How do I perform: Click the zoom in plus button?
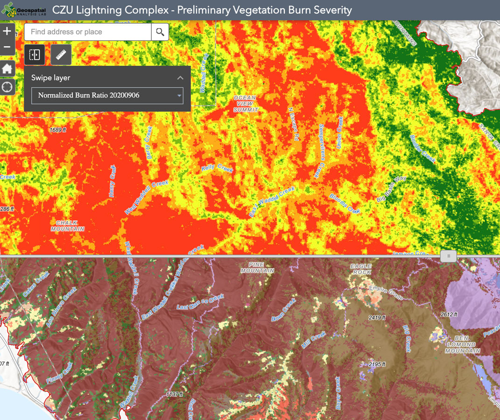tap(7, 32)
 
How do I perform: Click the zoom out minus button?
tap(7, 47)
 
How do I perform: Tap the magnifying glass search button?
tap(160, 32)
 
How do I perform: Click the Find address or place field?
tap(88, 32)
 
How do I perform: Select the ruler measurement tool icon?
tap(61, 55)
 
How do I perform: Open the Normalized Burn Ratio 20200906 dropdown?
tap(107, 96)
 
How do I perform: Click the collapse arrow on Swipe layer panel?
tap(180, 78)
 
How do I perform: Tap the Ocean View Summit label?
tap(245, 104)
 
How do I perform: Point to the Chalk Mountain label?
tap(68, 226)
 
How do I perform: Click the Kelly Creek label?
tap(217, 168)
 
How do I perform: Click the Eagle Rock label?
tap(362, 269)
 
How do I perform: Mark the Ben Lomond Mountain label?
tap(463, 344)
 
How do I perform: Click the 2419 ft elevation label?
tap(377, 317)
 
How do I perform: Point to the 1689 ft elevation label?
tap(58, 130)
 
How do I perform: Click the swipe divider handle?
tap(449, 256)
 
